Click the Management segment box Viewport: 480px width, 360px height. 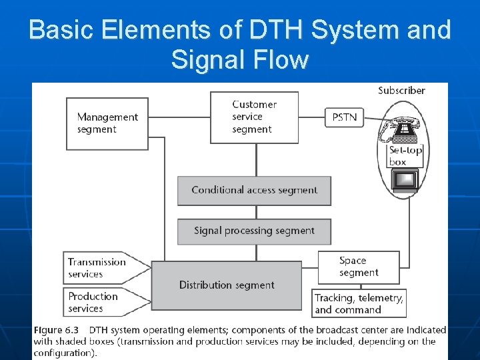click(x=107, y=123)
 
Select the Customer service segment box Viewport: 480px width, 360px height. click(x=254, y=117)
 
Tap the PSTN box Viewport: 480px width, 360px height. click(x=344, y=117)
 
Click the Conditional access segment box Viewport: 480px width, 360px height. click(x=254, y=191)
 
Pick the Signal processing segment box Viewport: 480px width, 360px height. click(x=254, y=231)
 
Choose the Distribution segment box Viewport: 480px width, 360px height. click(x=227, y=285)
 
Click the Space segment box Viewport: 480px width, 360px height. click(x=359, y=267)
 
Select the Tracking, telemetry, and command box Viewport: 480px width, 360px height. click(x=359, y=304)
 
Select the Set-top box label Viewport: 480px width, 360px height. click(x=405, y=156)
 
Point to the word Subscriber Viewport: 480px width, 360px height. click(x=401, y=91)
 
